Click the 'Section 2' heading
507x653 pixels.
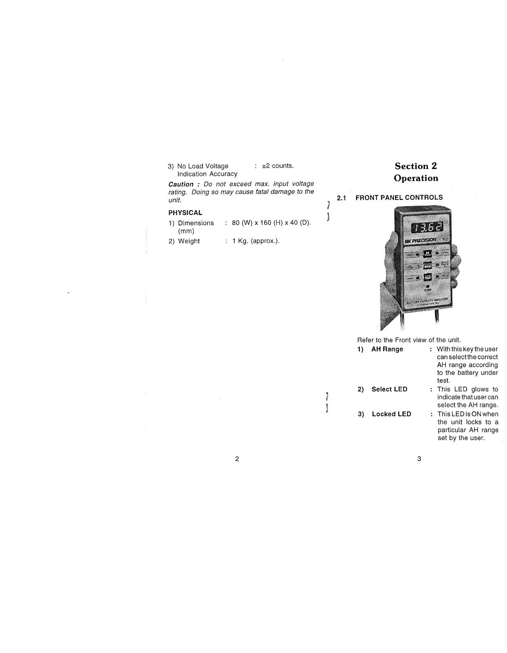point(416,166)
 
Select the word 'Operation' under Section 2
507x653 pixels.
point(416,178)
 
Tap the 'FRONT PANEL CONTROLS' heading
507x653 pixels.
point(399,198)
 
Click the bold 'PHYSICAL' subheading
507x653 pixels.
point(185,213)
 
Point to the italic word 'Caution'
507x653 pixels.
point(181,184)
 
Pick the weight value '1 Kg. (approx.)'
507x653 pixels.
point(256,241)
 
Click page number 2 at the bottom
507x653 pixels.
point(237,459)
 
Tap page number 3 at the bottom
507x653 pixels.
point(419,459)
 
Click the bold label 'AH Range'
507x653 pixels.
point(387,349)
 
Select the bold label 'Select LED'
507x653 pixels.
point(389,389)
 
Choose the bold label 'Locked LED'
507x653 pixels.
point(391,414)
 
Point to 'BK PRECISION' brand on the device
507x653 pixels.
point(420,241)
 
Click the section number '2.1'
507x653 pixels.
point(341,198)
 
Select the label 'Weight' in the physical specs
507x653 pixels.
point(189,241)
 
